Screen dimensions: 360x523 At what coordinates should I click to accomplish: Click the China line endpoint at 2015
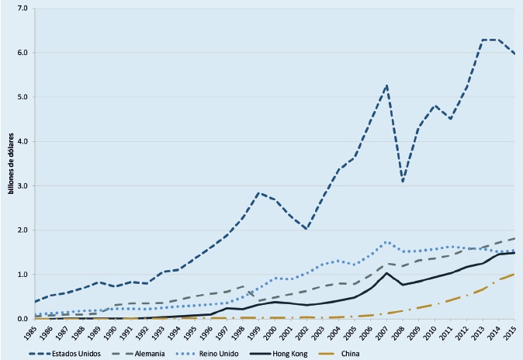(x=514, y=274)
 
